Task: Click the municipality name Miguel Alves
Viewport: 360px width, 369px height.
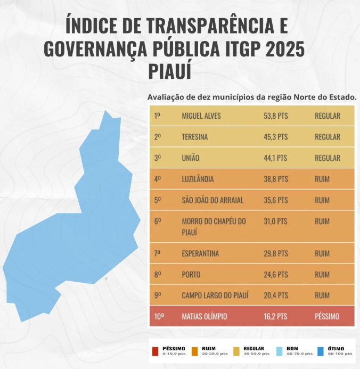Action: point(201,116)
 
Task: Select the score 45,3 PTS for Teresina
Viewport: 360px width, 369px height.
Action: point(275,137)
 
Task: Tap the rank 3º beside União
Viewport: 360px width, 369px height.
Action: point(158,158)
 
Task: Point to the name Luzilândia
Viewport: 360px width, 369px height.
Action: point(198,179)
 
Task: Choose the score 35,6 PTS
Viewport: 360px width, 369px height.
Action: point(275,200)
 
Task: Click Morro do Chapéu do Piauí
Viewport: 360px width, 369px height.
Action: point(214,226)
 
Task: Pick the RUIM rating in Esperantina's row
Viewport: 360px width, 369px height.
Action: point(322,253)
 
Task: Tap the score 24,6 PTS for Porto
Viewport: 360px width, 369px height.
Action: point(275,274)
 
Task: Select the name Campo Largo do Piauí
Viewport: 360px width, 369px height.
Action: point(215,295)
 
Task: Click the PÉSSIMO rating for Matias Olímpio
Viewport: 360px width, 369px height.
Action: point(327,316)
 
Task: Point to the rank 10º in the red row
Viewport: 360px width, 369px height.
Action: point(159,316)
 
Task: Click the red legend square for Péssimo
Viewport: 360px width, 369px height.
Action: point(156,351)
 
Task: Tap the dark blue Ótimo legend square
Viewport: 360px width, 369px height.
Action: point(321,351)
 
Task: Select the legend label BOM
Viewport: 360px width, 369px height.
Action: point(292,348)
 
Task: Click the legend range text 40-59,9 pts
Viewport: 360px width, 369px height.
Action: point(257,354)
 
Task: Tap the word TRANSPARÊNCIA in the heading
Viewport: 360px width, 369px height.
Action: point(210,26)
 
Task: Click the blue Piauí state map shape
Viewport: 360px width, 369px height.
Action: point(75,235)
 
